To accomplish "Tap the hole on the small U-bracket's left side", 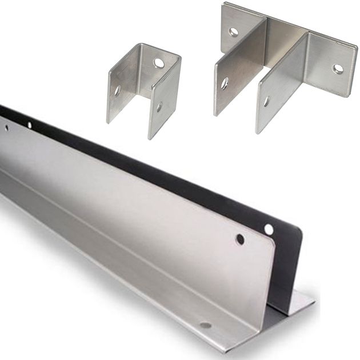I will click(117, 90).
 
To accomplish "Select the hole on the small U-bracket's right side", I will click(159, 106).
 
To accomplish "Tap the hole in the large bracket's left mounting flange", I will click(234, 32).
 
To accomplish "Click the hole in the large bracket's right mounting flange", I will click(338, 69).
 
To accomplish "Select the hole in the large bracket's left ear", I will click(225, 83).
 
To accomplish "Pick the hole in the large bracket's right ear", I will click(266, 102).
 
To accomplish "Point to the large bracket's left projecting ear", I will click(231, 74).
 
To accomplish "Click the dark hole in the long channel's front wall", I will click(240, 239).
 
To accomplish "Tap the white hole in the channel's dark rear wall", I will click(269, 230).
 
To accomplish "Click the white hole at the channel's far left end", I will click(29, 125).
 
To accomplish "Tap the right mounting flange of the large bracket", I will click(331, 63).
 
